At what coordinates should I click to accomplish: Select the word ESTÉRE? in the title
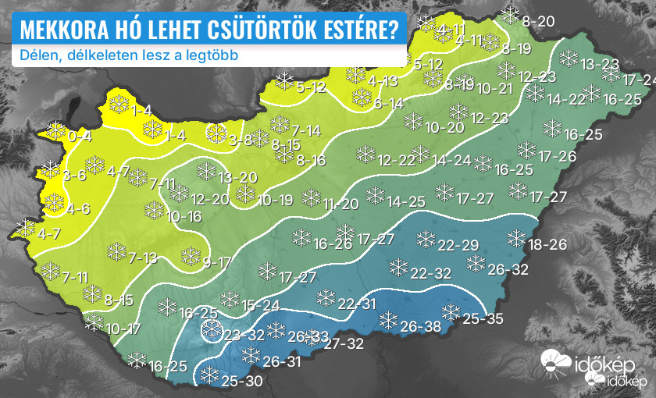pyautogui.click(x=358, y=30)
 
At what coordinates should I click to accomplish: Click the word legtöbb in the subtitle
pyautogui.click(x=213, y=56)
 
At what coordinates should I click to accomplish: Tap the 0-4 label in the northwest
pyautogui.click(x=80, y=137)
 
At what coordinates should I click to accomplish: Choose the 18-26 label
pyautogui.click(x=547, y=245)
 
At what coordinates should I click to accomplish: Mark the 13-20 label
pyautogui.click(x=238, y=178)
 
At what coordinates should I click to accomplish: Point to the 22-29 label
pyautogui.click(x=458, y=246)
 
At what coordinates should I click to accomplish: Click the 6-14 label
pyautogui.click(x=388, y=103)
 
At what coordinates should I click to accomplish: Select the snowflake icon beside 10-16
pyautogui.click(x=154, y=210)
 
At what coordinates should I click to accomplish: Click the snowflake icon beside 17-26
pyautogui.click(x=526, y=149)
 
